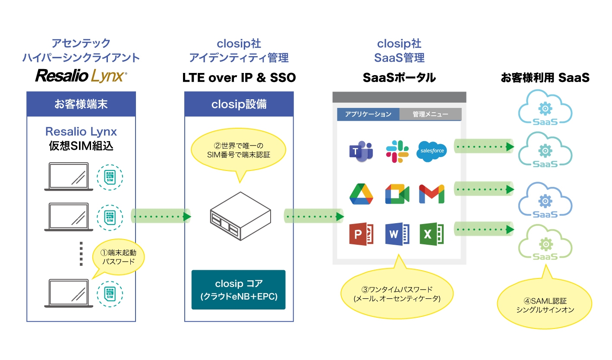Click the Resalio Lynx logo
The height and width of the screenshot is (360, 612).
tap(81, 76)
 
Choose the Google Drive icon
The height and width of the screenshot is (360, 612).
tap(361, 193)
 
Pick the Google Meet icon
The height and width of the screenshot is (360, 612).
tap(397, 193)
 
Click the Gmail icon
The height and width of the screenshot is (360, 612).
tap(432, 193)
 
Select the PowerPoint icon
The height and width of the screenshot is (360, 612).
tap(361, 234)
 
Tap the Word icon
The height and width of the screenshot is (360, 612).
tap(397, 234)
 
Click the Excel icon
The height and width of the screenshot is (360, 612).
tap(432, 234)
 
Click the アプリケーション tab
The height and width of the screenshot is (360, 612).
tap(368, 114)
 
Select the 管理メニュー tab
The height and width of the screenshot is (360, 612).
tap(430, 114)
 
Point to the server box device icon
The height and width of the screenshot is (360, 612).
tap(240, 216)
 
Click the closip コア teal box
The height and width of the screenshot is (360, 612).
tap(238, 290)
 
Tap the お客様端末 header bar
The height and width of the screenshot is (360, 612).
tap(81, 104)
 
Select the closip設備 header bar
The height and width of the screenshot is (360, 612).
tap(239, 104)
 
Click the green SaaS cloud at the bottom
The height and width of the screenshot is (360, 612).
tap(545, 245)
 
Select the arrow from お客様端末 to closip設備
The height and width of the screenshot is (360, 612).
tap(161, 216)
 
